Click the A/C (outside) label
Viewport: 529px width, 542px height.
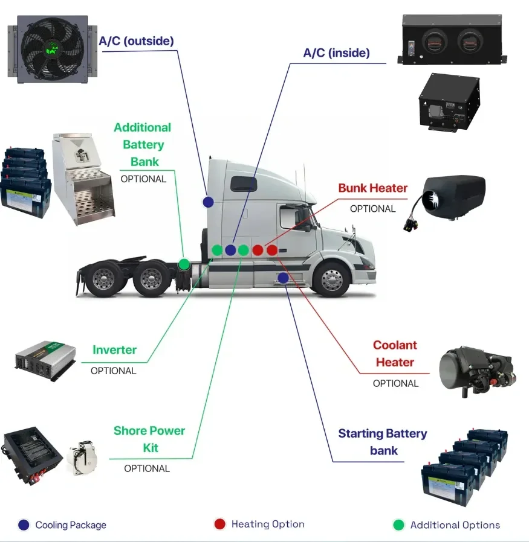tap(136, 42)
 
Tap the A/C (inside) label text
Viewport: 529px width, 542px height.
tap(336, 53)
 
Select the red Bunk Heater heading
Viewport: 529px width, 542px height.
tap(372, 188)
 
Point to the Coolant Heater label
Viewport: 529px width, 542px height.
tap(395, 354)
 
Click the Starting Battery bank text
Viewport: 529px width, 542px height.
tap(382, 442)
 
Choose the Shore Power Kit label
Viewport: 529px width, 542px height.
tap(149, 439)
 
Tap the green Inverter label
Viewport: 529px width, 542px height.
tap(114, 350)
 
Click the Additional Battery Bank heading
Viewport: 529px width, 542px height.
tap(142, 145)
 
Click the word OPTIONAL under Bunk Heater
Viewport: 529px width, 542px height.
tap(372, 209)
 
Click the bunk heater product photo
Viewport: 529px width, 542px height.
tap(453, 199)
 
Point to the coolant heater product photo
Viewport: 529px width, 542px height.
tap(477, 369)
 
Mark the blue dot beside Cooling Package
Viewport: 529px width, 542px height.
tap(24, 525)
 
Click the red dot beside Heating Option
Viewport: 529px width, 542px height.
tap(219, 524)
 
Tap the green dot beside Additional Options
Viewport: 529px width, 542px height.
tap(398, 525)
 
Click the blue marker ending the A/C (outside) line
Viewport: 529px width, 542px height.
tap(209, 202)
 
